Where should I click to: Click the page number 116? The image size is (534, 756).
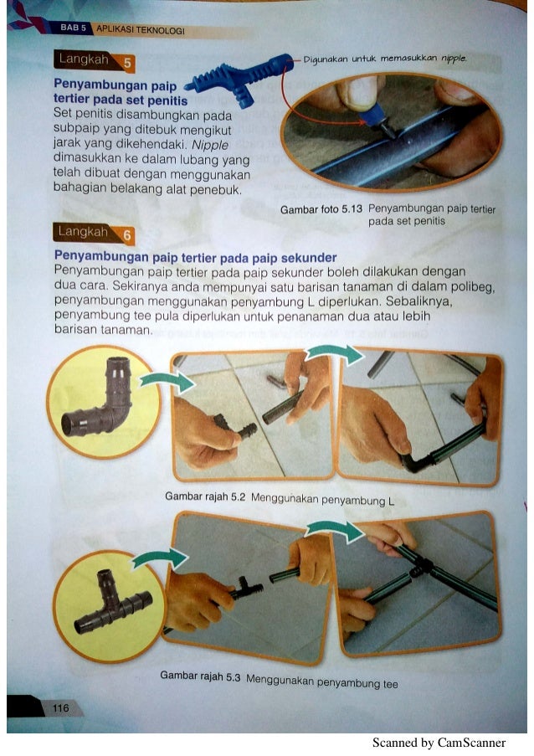[x=61, y=707]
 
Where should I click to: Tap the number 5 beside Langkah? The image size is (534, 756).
[x=127, y=63]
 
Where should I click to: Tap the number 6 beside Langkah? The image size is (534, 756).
[x=126, y=235]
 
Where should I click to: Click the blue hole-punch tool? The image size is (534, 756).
[x=239, y=79]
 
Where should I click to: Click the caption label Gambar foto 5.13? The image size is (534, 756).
[x=321, y=210]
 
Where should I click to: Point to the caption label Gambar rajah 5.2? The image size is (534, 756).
[x=205, y=496]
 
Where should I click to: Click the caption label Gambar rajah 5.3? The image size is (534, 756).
[x=200, y=676]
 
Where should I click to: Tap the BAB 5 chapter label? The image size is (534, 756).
[x=73, y=28]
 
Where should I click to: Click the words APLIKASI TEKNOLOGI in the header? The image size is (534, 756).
[x=141, y=29]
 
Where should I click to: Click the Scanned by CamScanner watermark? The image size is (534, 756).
[x=439, y=743]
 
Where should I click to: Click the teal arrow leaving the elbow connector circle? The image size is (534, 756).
[x=167, y=382]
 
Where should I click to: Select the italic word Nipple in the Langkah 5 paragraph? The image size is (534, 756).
[x=210, y=145]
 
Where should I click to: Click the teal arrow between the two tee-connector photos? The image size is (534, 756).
[x=334, y=530]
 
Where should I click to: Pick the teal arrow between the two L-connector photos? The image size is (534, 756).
[x=335, y=354]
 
